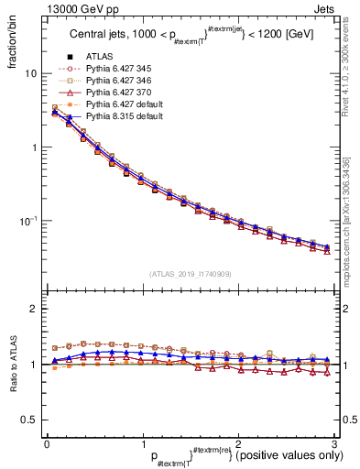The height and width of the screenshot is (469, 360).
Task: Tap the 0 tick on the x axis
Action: (x=47, y=442)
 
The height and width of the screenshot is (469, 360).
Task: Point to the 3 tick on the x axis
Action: (x=335, y=442)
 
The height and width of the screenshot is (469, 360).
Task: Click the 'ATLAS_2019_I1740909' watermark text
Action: (x=191, y=274)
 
